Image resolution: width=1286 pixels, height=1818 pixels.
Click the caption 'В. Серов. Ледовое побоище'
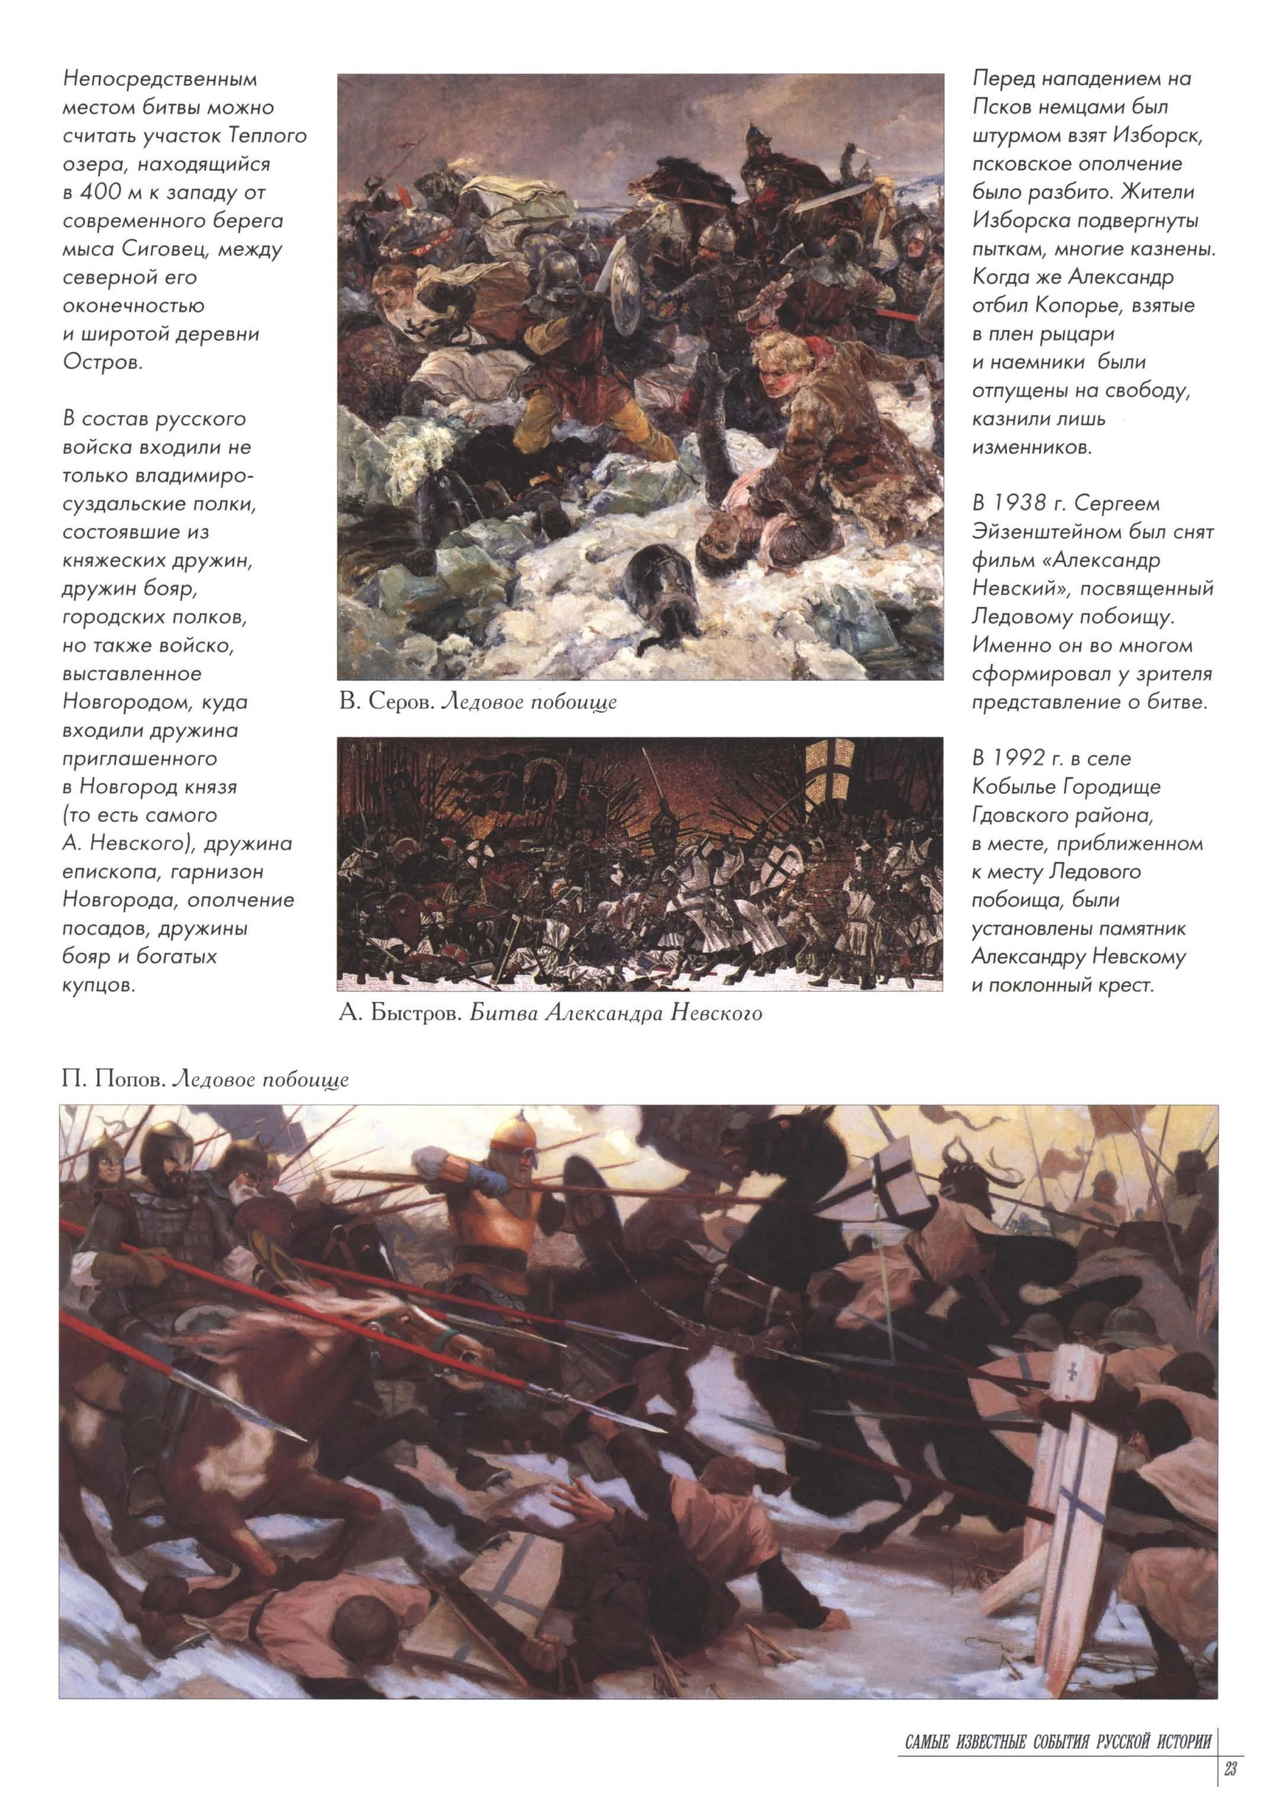coord(477,701)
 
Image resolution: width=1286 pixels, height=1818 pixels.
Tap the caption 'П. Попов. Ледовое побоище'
coord(205,1080)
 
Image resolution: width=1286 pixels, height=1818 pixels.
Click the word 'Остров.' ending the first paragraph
coord(103,363)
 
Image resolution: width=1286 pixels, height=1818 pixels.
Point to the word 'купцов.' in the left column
coord(99,986)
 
